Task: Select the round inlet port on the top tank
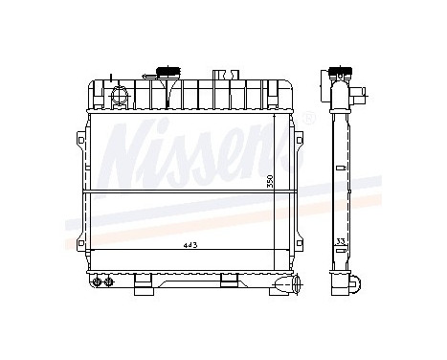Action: tap(120, 95)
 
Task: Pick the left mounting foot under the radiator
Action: tap(142, 281)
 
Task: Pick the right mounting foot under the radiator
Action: tap(229, 281)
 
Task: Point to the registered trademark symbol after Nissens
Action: tap(309, 119)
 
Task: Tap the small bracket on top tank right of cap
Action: tap(222, 74)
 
